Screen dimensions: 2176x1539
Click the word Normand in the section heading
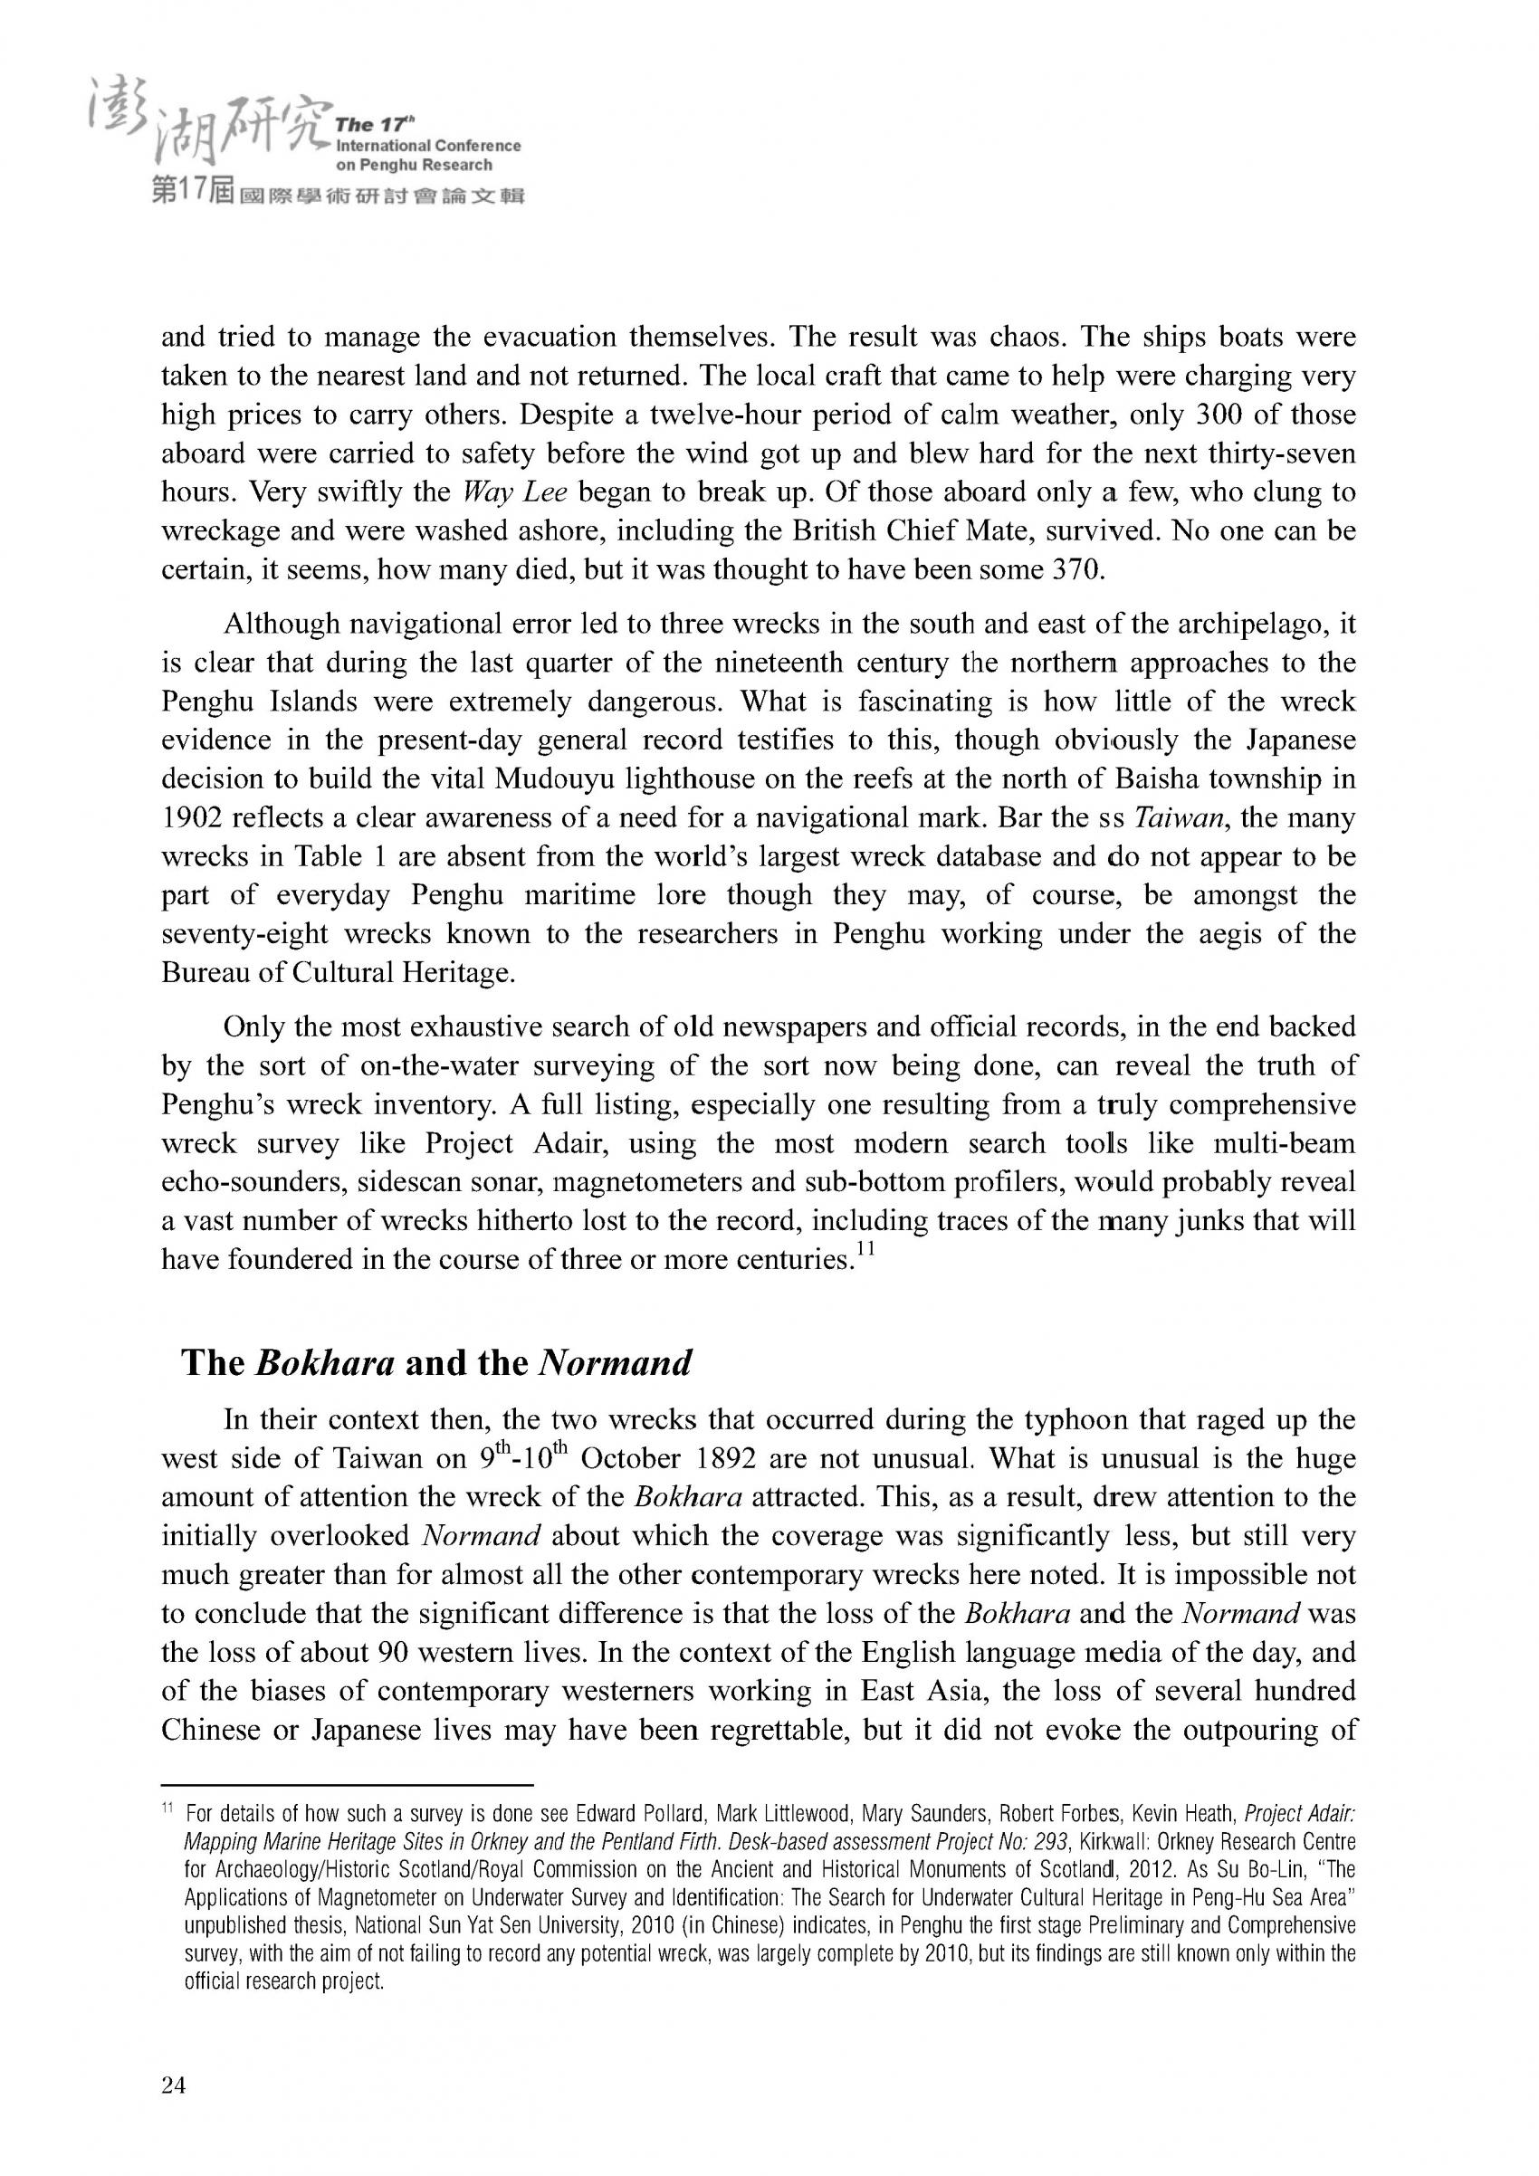(x=614, y=1363)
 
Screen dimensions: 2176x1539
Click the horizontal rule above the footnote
(x=348, y=1781)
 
